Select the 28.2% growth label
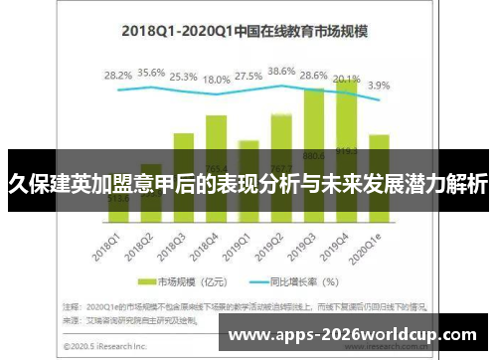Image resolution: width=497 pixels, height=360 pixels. pyautogui.click(x=117, y=76)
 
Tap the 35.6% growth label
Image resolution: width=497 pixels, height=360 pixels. pyautogui.click(x=152, y=73)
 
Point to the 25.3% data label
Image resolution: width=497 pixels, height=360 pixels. pyautogui.click(x=183, y=76)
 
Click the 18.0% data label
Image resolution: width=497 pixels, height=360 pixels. pyautogui.click(x=217, y=80)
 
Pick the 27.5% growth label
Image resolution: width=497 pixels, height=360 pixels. pyautogui.click(x=248, y=77)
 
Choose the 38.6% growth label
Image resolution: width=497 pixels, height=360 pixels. pyautogui.click(x=281, y=72)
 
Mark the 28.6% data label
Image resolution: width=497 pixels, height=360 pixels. pyautogui.click(x=313, y=76)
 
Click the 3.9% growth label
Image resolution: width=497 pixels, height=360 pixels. pyautogui.click(x=380, y=86)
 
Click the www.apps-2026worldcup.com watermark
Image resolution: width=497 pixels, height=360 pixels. pyautogui.click(x=352, y=335)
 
